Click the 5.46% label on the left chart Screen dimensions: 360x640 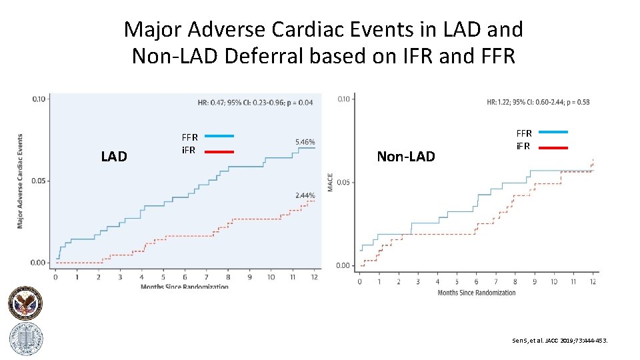click(304, 142)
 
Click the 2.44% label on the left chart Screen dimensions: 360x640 click(305, 195)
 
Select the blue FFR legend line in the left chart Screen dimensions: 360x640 click(219, 136)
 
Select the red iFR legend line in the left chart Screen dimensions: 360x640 click(219, 151)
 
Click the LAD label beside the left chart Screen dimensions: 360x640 click(113, 157)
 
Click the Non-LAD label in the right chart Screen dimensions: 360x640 click(405, 157)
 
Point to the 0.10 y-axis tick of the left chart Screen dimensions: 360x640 click(40, 99)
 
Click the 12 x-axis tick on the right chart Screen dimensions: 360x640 click(593, 281)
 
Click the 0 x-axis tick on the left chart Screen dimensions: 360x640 click(55, 277)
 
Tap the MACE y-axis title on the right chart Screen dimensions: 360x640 click(330, 183)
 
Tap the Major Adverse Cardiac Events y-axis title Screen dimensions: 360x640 click(20, 180)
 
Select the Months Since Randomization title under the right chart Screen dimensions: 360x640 click(476, 293)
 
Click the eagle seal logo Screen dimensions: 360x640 click(25, 304)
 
